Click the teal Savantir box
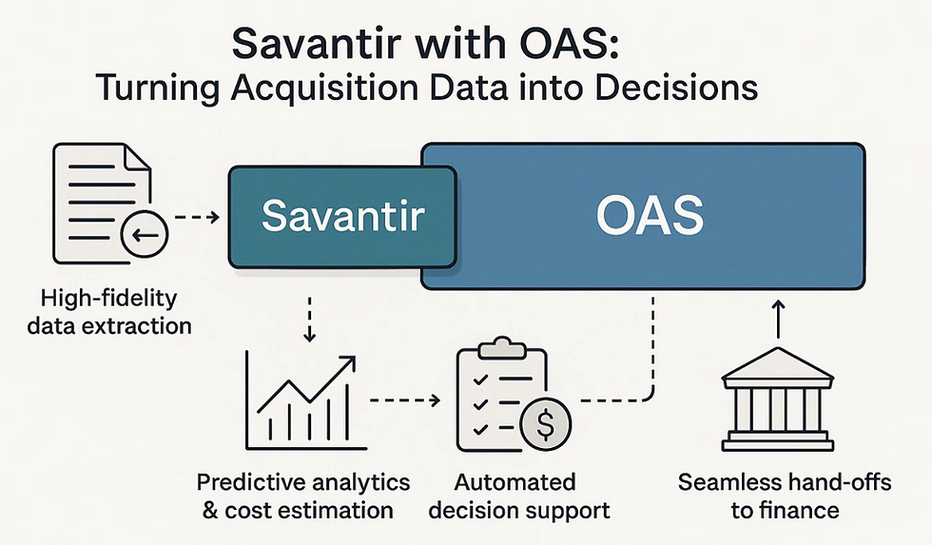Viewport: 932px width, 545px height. [340, 216]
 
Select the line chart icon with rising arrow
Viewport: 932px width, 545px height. [301, 399]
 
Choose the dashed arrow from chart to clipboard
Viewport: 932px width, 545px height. [404, 399]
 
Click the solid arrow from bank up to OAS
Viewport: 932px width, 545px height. [776, 319]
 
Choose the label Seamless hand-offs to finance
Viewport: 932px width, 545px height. [785, 496]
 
